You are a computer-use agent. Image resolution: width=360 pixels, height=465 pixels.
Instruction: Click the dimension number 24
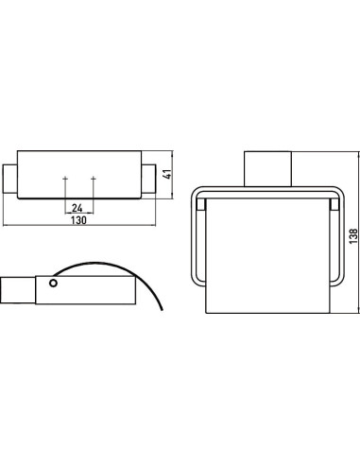(77, 208)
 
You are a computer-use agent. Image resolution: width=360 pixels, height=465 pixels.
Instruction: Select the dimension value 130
(78, 220)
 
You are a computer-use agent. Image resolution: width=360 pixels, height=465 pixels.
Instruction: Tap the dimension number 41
(168, 174)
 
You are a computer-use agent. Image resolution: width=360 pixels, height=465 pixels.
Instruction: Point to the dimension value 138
(353, 235)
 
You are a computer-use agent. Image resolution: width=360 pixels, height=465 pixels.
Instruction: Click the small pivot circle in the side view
(53, 284)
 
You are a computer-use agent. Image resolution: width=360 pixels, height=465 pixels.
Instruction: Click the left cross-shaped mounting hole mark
(65, 179)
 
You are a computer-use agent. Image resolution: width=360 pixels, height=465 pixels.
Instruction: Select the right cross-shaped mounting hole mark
(94, 179)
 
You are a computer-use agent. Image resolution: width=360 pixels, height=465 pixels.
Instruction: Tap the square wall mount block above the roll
(268, 169)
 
